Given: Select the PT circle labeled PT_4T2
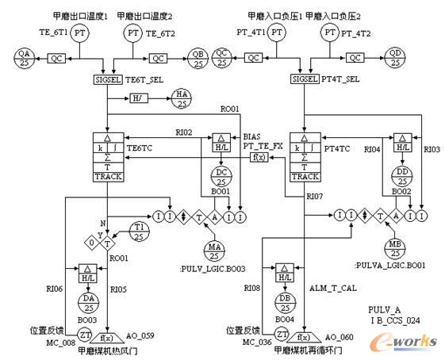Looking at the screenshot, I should point(329,33).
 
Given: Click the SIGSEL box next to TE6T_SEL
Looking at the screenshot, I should point(106,79).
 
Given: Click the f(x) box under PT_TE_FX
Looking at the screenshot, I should point(259,156).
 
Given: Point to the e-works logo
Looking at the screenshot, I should point(403,339).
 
